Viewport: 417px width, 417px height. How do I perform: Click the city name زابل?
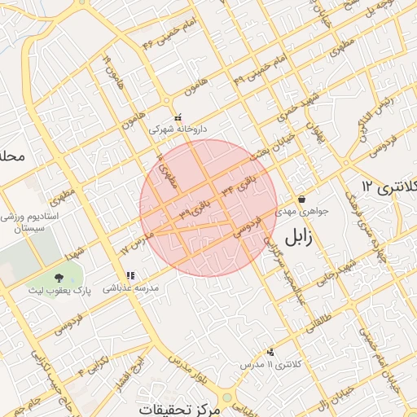pyautogui.click(x=303, y=236)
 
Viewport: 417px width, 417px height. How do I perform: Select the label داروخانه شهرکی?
pyautogui.click(x=178, y=129)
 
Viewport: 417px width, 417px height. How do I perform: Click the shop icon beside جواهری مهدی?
pyautogui.click(x=301, y=199)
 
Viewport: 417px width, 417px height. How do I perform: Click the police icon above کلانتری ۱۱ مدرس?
pyautogui.click(x=270, y=353)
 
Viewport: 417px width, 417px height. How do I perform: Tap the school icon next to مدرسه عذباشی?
pyautogui.click(x=130, y=275)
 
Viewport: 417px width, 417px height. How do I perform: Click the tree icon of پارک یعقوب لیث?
pyautogui.click(x=58, y=278)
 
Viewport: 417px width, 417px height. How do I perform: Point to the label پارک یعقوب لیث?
pyautogui.click(x=58, y=291)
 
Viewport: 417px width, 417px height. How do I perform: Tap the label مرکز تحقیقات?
pyautogui.click(x=180, y=407)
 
